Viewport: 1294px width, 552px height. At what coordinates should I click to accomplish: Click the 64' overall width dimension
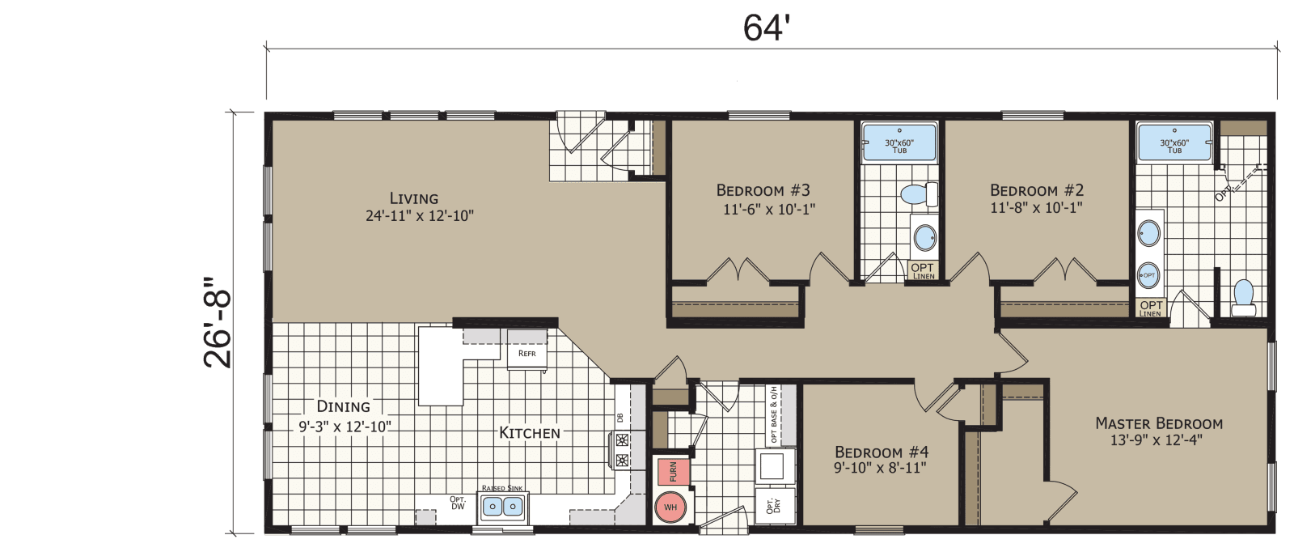pos(765,28)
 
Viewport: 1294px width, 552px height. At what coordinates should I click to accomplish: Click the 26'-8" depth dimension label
pos(218,323)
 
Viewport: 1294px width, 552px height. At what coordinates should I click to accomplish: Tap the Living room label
pos(414,198)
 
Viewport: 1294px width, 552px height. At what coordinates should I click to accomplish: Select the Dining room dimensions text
pos(345,427)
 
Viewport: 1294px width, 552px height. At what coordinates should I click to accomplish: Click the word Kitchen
pos(530,433)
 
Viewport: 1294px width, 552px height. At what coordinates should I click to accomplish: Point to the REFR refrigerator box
pos(527,355)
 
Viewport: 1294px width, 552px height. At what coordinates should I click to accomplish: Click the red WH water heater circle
pos(670,507)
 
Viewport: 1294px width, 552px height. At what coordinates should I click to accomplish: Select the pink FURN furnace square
pos(673,471)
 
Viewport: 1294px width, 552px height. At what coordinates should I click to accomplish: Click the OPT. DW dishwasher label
pos(458,503)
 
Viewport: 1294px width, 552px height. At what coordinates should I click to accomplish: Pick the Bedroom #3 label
pos(763,191)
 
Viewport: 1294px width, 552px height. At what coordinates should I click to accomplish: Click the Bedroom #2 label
pos(1037,191)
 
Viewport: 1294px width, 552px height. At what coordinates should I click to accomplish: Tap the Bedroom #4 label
pos(881,452)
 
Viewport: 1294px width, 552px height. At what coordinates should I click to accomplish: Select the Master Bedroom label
pos(1158,423)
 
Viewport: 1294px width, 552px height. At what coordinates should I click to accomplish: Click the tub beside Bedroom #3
pos(899,144)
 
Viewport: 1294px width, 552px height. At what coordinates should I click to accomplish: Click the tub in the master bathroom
pos(1174,144)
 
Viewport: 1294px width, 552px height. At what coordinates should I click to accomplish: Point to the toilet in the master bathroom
pos(1244,298)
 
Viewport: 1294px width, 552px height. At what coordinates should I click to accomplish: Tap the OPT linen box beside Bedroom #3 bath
pos(923,270)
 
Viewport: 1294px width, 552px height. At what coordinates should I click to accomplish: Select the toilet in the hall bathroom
pos(917,194)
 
